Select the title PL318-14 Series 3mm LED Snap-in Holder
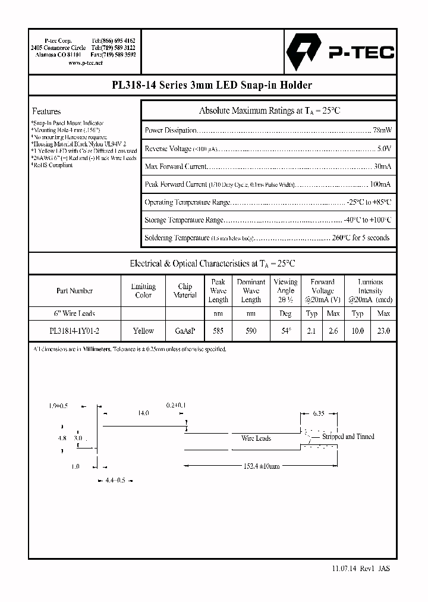coord(212,85)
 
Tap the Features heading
coord(46,111)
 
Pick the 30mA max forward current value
coord(382,166)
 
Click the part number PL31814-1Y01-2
coord(74,331)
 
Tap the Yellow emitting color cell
coord(143,331)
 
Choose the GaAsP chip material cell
coord(185,331)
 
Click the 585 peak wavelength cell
coord(218,331)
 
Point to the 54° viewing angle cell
coord(285,331)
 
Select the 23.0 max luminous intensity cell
coord(384,331)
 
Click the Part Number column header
coord(74,291)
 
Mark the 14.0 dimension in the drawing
coord(143,412)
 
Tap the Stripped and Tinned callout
coord(348,436)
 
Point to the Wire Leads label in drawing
coord(256,438)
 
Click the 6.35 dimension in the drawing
coord(319,412)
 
